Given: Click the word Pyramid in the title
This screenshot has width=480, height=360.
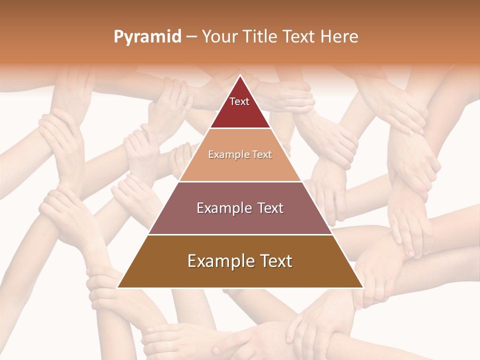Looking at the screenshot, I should (147, 37).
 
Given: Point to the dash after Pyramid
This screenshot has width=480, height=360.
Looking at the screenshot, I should (191, 37).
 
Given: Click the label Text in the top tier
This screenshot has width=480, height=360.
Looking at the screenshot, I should (239, 101).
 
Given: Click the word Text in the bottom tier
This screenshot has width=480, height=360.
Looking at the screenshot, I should (274, 261).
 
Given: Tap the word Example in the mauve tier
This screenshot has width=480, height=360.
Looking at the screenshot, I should (222, 208).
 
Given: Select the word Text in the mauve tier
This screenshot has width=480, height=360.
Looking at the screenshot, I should (269, 208).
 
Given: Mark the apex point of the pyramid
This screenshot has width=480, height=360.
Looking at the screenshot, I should (240, 76).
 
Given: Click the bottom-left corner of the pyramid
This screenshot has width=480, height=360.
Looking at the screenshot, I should (118, 287).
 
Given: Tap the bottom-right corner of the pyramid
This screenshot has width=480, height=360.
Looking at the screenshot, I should (362, 287).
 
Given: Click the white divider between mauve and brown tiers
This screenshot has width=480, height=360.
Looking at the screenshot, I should (240, 234).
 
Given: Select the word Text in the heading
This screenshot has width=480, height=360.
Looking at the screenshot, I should (300, 37).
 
